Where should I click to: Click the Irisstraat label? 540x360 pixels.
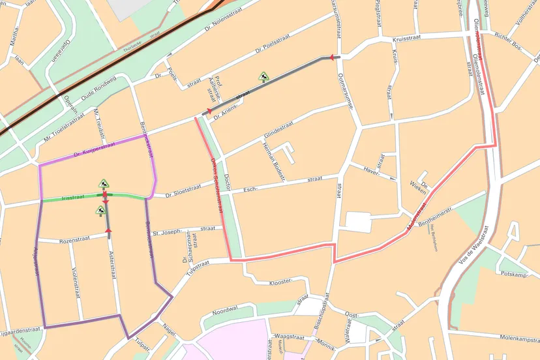click(73, 197)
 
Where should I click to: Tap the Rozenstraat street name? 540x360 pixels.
click(73, 241)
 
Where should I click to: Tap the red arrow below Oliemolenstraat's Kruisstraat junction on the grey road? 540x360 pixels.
click(333, 58)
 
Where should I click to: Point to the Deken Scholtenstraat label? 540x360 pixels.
click(217, 187)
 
